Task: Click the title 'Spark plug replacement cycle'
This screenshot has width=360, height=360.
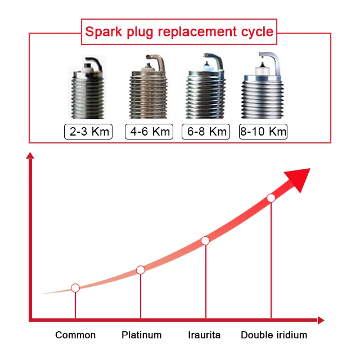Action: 179,31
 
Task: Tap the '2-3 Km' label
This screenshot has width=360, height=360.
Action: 88,132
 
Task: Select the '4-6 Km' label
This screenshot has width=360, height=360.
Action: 147,132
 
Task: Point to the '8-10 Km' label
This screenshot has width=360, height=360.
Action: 263,132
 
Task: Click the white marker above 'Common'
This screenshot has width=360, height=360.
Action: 75,288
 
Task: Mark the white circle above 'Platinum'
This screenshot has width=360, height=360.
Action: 141,270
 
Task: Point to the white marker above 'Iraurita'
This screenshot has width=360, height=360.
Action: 205,241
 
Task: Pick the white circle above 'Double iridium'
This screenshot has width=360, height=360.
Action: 271,198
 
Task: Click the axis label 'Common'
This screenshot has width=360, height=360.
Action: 75,335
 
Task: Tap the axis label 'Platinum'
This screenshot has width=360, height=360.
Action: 141,335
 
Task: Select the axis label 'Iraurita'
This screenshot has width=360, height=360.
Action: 204,335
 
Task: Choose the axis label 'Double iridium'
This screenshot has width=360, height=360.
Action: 274,335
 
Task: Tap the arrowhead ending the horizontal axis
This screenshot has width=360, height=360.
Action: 321,320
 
